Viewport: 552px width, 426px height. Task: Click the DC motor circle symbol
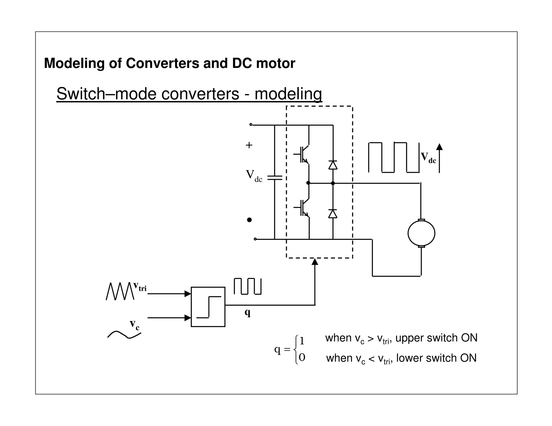click(x=421, y=233)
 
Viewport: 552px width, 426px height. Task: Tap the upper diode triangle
click(x=333, y=165)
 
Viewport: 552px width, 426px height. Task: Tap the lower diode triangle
click(x=333, y=214)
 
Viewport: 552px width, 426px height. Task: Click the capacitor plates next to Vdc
click(x=275, y=178)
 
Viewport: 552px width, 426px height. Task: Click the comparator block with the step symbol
click(x=208, y=307)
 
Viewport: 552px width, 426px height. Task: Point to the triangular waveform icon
click(x=120, y=291)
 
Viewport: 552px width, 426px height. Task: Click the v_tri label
click(x=140, y=287)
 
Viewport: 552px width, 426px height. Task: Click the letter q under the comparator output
click(x=247, y=313)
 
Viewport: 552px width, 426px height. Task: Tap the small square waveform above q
click(x=247, y=286)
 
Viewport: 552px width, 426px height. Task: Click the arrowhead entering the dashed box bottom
click(x=315, y=262)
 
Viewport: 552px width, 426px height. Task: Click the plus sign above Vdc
click(x=249, y=145)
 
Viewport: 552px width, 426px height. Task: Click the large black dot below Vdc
click(x=249, y=220)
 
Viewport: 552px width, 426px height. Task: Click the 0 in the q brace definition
click(x=302, y=358)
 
